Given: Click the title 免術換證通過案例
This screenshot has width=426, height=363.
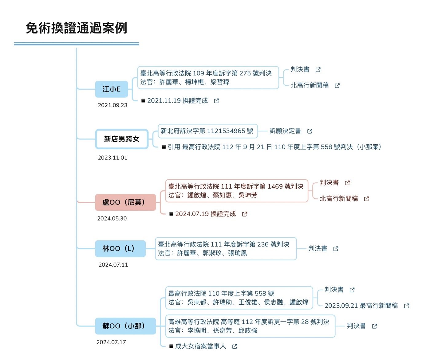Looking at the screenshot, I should (x=76, y=28).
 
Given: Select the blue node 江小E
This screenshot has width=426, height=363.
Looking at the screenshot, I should (x=111, y=89).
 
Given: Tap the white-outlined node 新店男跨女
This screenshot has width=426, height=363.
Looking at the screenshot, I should (x=122, y=139).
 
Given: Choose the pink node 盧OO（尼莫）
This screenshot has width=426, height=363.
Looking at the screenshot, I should (x=125, y=202).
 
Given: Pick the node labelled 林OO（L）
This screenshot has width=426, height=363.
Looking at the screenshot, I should (x=120, y=248).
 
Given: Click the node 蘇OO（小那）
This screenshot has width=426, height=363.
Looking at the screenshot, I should (x=125, y=326).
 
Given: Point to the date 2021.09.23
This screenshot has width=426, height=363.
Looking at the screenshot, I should (x=112, y=105).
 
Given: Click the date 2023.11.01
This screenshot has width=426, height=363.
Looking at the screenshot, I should (x=112, y=158).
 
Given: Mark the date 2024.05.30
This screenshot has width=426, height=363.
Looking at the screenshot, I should (x=112, y=219).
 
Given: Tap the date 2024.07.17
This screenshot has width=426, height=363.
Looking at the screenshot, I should (x=111, y=342).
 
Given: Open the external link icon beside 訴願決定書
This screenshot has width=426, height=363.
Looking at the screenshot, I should (x=310, y=131).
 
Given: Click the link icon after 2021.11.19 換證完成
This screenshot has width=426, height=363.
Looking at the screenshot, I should (x=216, y=101).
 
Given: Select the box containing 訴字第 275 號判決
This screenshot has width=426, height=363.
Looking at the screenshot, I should (x=208, y=78).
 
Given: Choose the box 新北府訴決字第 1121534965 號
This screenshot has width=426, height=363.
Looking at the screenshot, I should (x=207, y=131).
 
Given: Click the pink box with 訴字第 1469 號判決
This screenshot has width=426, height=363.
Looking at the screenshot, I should (x=236, y=191).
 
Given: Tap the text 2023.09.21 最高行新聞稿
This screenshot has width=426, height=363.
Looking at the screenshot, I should (x=361, y=306).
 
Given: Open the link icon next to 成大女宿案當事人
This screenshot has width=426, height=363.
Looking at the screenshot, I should (x=235, y=346).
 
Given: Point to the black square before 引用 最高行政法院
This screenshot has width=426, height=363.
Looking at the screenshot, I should (x=164, y=147).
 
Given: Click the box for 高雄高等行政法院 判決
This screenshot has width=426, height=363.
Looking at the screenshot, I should (x=250, y=326).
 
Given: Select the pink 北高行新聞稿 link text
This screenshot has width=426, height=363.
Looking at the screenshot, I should (x=339, y=199).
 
